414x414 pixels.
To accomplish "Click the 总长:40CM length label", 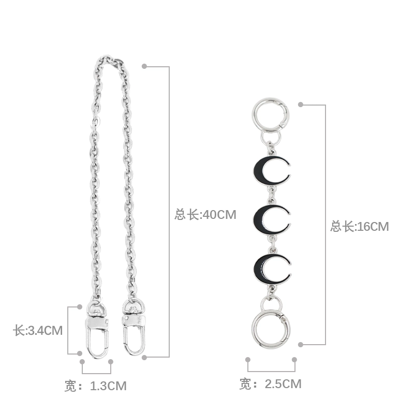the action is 205,214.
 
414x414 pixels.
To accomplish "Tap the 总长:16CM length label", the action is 359,227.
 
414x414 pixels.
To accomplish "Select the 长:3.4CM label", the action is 38,331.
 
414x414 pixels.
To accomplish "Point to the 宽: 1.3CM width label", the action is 96,386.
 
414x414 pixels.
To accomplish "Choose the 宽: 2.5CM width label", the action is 270,384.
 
